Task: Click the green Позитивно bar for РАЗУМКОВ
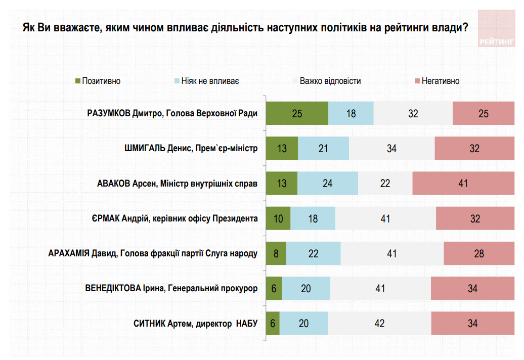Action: pos(297,113)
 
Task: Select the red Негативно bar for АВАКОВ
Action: pos(463,183)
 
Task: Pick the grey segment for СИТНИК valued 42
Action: pos(379,324)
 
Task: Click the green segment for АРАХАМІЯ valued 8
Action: pos(276,253)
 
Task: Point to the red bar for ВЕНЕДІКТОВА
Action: pos(472,289)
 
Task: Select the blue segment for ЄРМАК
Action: pos(313,218)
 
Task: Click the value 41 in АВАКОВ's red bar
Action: pos(463,183)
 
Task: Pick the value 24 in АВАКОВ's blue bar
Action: pos(327,183)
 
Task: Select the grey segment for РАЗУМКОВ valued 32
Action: pos(413,113)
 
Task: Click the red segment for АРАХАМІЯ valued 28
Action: pos(479,253)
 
